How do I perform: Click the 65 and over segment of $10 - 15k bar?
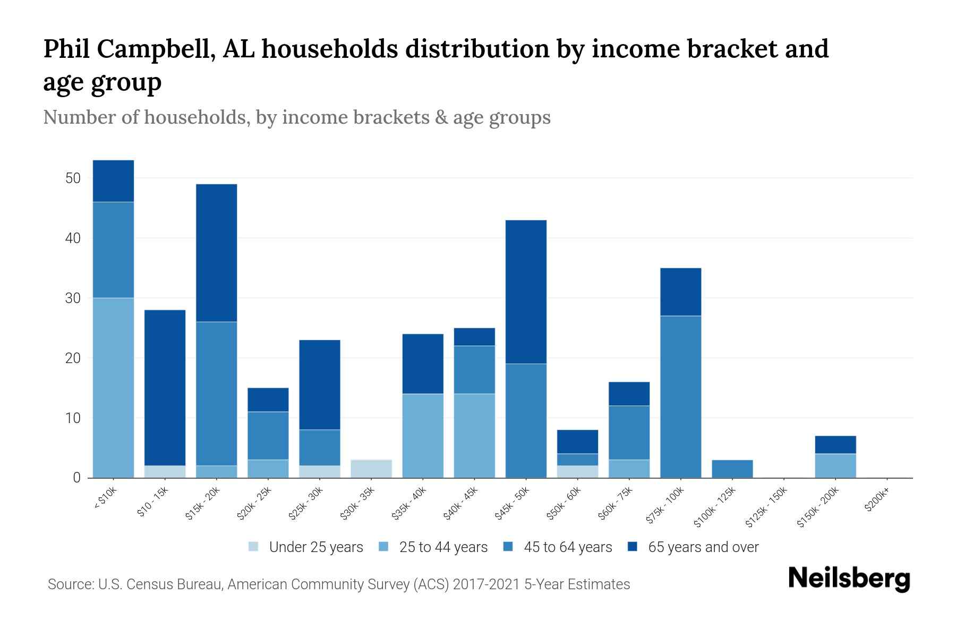click(x=165, y=388)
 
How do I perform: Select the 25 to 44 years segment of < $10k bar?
click(x=113, y=388)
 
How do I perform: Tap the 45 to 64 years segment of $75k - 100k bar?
click(x=680, y=397)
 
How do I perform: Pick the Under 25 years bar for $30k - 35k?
click(x=371, y=469)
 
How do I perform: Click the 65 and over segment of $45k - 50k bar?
click(x=526, y=292)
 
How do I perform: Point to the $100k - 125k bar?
click(x=732, y=469)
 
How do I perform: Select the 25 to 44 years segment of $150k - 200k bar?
click(x=835, y=466)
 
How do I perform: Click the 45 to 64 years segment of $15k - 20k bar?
click(x=216, y=393)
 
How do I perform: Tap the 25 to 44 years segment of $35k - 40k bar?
click(x=423, y=435)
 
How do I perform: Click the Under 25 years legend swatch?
click(x=253, y=547)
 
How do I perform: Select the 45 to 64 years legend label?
click(x=568, y=547)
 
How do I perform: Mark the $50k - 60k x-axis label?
click(x=565, y=503)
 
